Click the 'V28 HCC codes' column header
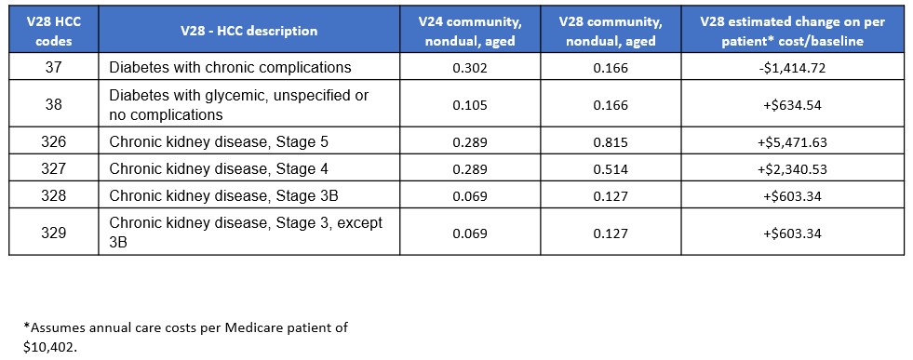coord(54,31)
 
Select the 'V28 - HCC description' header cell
coord(248,31)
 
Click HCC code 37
coord(54,67)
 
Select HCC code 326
coord(54,144)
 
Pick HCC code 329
coord(54,233)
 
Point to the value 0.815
coord(611,144)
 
